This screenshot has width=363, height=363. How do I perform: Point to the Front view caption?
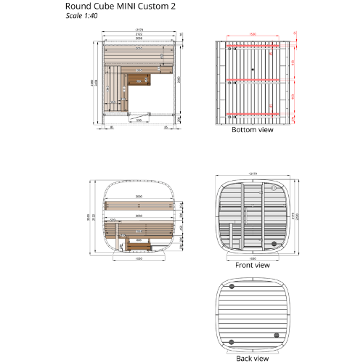point(252,266)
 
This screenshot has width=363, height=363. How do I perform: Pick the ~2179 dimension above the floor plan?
point(138,30)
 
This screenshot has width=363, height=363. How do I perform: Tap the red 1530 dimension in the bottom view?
point(252,34)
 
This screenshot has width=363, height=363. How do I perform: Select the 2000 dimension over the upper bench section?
point(139,197)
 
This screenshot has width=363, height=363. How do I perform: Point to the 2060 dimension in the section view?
point(139,216)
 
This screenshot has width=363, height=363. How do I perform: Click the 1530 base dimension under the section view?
point(139,259)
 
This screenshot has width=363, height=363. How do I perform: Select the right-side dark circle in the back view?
point(276,335)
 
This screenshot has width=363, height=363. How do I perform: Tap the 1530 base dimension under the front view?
point(252,258)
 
